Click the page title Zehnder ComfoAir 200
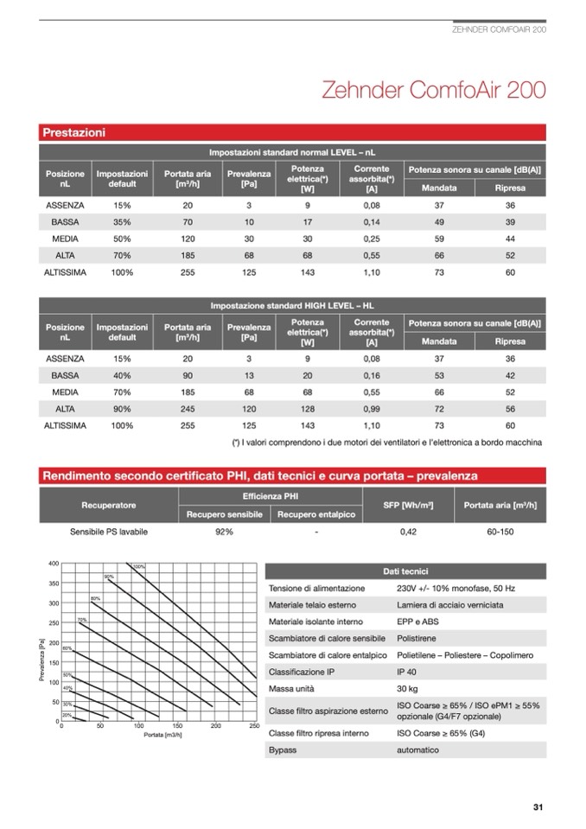point(432,90)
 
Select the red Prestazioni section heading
point(74,133)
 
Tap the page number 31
point(538,807)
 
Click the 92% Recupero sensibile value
point(224,532)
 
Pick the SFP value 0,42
point(409,532)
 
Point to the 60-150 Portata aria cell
point(500,532)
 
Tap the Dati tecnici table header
point(404,571)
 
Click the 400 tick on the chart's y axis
point(53,564)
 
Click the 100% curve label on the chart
point(138,567)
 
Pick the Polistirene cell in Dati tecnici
point(416,638)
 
